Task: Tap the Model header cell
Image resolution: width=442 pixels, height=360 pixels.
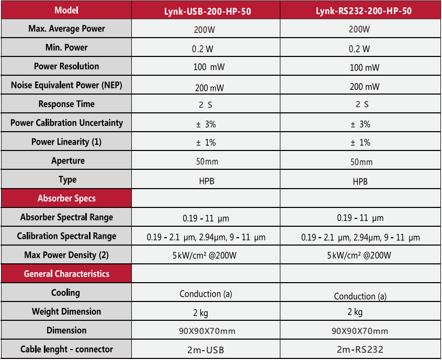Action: point(66,10)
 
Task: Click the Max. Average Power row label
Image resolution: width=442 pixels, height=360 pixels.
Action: point(66,29)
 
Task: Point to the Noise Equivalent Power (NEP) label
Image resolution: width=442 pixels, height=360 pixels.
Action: point(66,85)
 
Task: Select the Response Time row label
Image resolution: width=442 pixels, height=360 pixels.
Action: point(66,104)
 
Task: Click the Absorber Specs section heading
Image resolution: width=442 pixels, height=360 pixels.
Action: point(66,199)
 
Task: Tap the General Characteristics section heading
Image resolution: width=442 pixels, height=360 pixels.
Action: point(66,274)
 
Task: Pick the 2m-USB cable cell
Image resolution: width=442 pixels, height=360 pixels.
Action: point(206,350)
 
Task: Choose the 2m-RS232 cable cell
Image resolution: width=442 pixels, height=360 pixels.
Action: point(360,350)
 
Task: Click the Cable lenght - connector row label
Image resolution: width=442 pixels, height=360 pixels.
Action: point(66,349)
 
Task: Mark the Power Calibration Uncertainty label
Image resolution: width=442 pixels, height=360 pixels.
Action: point(66,123)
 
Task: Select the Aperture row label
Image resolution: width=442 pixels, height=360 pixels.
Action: point(66,160)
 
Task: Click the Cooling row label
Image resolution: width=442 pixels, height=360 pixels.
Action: point(66,293)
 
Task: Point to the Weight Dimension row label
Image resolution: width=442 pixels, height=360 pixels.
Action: point(66,311)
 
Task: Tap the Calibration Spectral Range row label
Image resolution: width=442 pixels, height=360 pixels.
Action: point(66,236)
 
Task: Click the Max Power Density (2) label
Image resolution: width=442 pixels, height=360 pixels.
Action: point(66,255)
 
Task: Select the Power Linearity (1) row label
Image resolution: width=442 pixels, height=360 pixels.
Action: point(66,142)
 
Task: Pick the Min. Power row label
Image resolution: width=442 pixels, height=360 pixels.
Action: point(66,48)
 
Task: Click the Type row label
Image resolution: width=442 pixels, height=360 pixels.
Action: point(66,180)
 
